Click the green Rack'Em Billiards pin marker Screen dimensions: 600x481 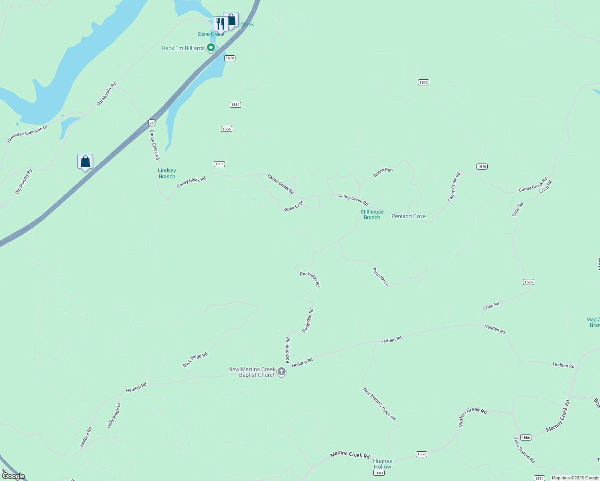pos(211,48)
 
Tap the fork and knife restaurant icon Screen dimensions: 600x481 pos(220,24)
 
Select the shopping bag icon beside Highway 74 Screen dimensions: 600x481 pos(85,162)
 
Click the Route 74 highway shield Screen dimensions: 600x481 pos(152,123)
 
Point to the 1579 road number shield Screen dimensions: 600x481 pos(229,59)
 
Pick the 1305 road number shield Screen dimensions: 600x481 pos(219,164)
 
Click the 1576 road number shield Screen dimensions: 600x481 pos(528,282)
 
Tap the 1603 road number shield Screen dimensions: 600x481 pos(379,473)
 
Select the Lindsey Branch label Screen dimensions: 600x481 pos(167,174)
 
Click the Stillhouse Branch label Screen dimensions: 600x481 pos(372,214)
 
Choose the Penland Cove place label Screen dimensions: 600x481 pos(408,216)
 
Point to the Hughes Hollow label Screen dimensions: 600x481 pos(382,464)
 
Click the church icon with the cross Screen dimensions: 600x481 pos(282,372)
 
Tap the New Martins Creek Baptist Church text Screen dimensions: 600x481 pos(252,372)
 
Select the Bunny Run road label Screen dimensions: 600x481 pos(383,172)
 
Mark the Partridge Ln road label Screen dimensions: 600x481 pos(380,277)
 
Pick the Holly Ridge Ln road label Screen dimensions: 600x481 pos(114,415)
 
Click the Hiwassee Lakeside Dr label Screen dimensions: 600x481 pos(27,133)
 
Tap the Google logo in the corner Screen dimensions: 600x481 pos(13,476)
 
